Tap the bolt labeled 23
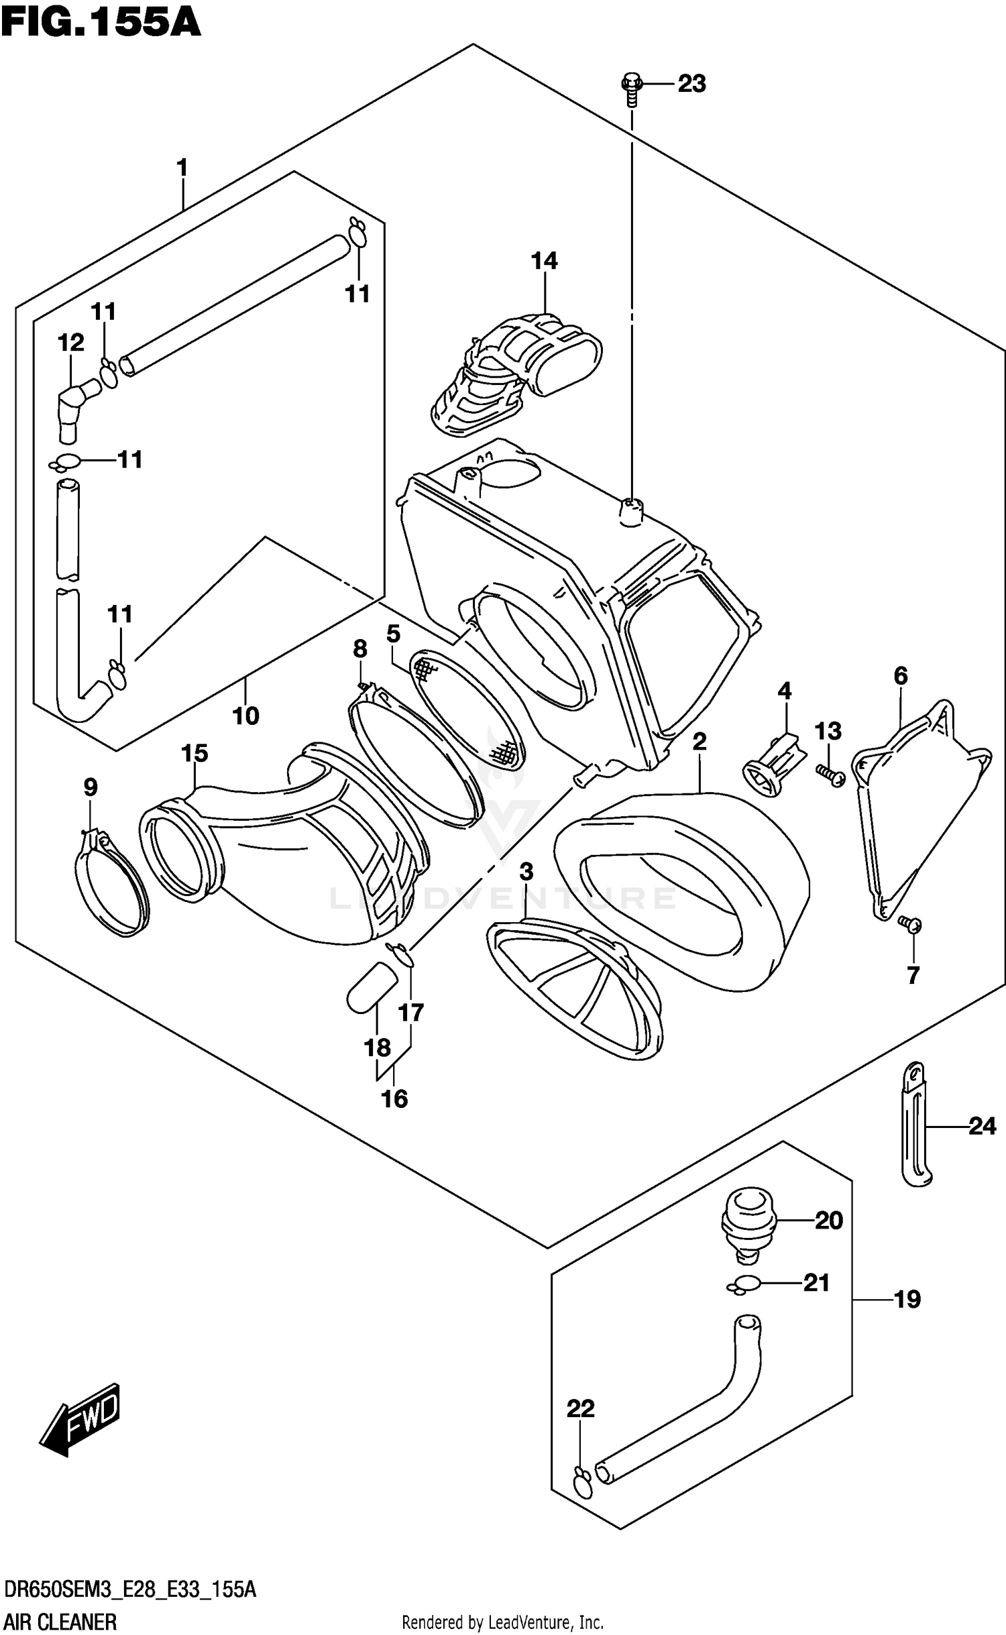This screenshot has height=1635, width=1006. click(x=631, y=88)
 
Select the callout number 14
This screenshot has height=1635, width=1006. click(x=544, y=261)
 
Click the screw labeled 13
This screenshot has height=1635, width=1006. click(x=831, y=776)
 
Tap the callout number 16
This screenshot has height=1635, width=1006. click(x=394, y=1098)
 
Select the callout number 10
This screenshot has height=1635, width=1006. click(x=245, y=716)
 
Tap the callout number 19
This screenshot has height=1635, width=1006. click(x=907, y=1299)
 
